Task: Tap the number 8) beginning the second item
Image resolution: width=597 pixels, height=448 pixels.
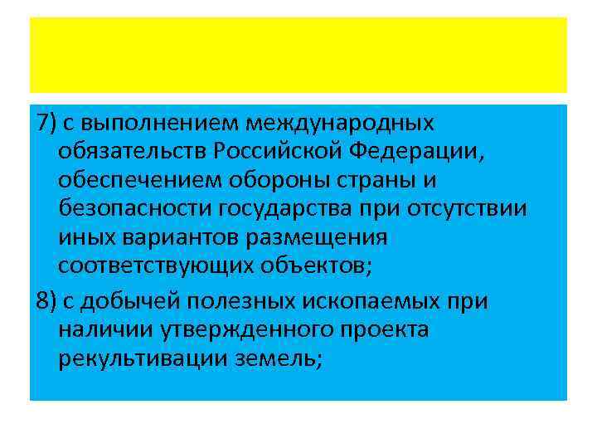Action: (46, 301)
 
